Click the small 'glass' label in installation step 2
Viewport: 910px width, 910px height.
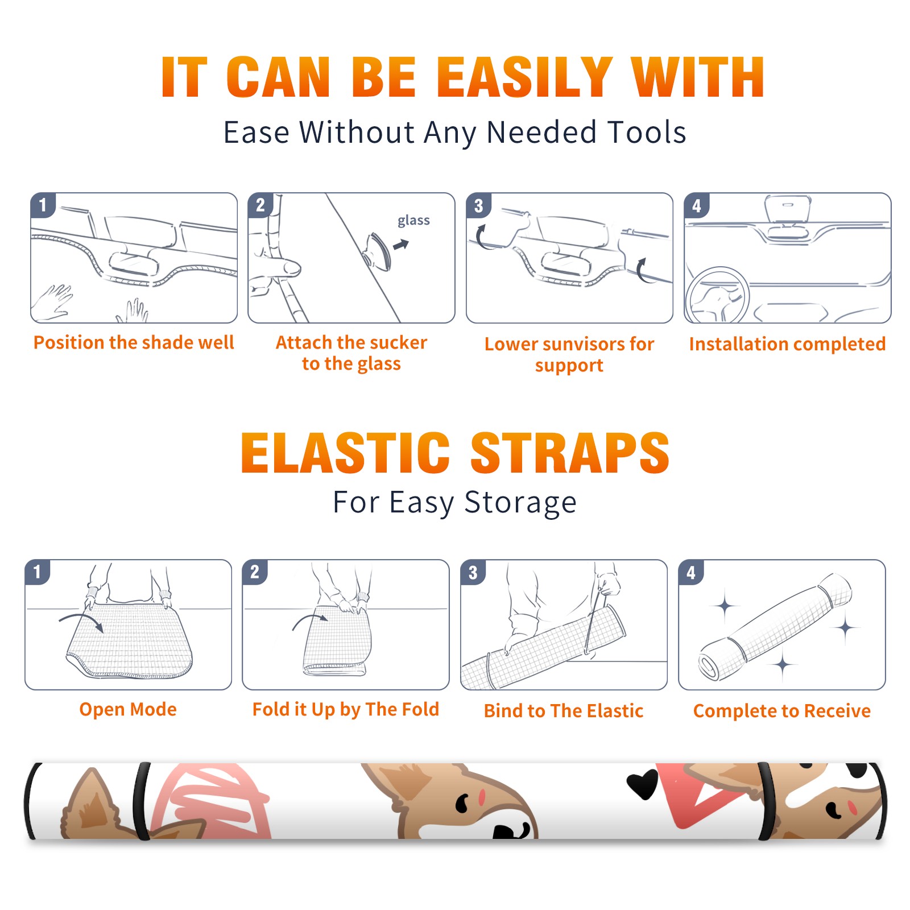pos(413,221)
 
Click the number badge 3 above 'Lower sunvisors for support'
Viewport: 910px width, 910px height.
pos(478,205)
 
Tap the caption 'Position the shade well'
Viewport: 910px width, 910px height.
pos(134,342)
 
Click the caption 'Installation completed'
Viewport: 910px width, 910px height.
pos(787,344)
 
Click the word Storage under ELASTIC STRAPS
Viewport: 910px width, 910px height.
pos(520,503)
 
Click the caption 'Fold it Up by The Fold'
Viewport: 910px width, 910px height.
pos(346,709)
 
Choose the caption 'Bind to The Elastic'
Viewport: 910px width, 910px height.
pos(564,711)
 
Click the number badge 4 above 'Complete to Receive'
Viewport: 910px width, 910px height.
pos(691,572)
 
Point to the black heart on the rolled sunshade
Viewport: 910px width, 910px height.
pos(642,785)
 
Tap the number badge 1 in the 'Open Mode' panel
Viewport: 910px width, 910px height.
pos(38,572)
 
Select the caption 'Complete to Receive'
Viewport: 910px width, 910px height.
pos(782,711)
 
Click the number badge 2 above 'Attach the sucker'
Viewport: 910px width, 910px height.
pos(260,205)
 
